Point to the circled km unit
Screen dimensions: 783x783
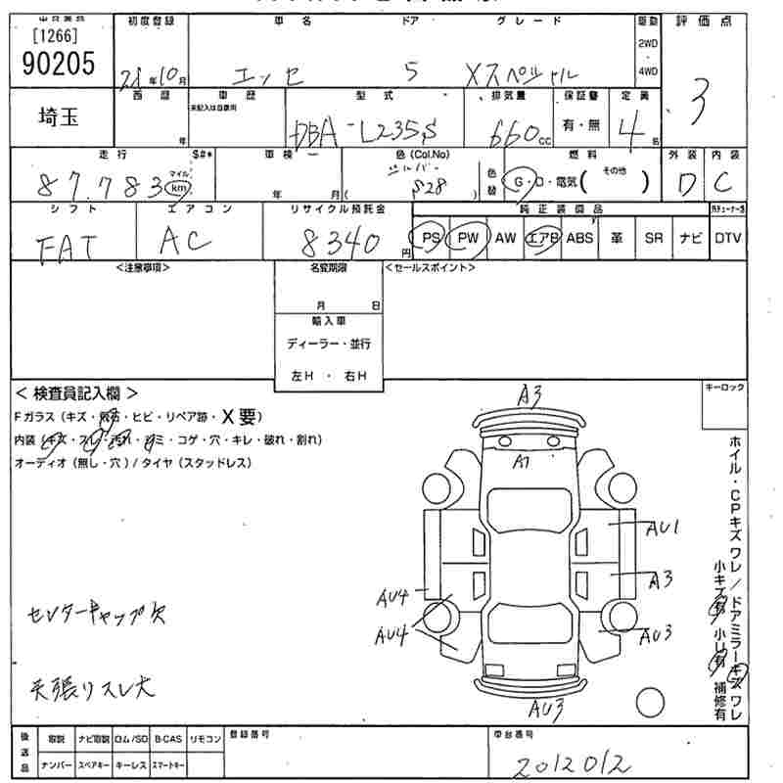pyautogui.click(x=177, y=187)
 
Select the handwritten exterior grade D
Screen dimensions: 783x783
pyautogui.click(x=682, y=184)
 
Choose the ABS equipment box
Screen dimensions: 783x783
pyautogui.click(x=579, y=238)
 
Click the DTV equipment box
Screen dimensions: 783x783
pyautogui.click(x=727, y=238)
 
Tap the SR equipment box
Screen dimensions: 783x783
pyautogui.click(x=653, y=238)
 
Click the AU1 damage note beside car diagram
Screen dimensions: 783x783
pyautogui.click(x=663, y=529)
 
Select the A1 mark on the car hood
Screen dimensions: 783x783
pyautogui.click(x=522, y=462)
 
